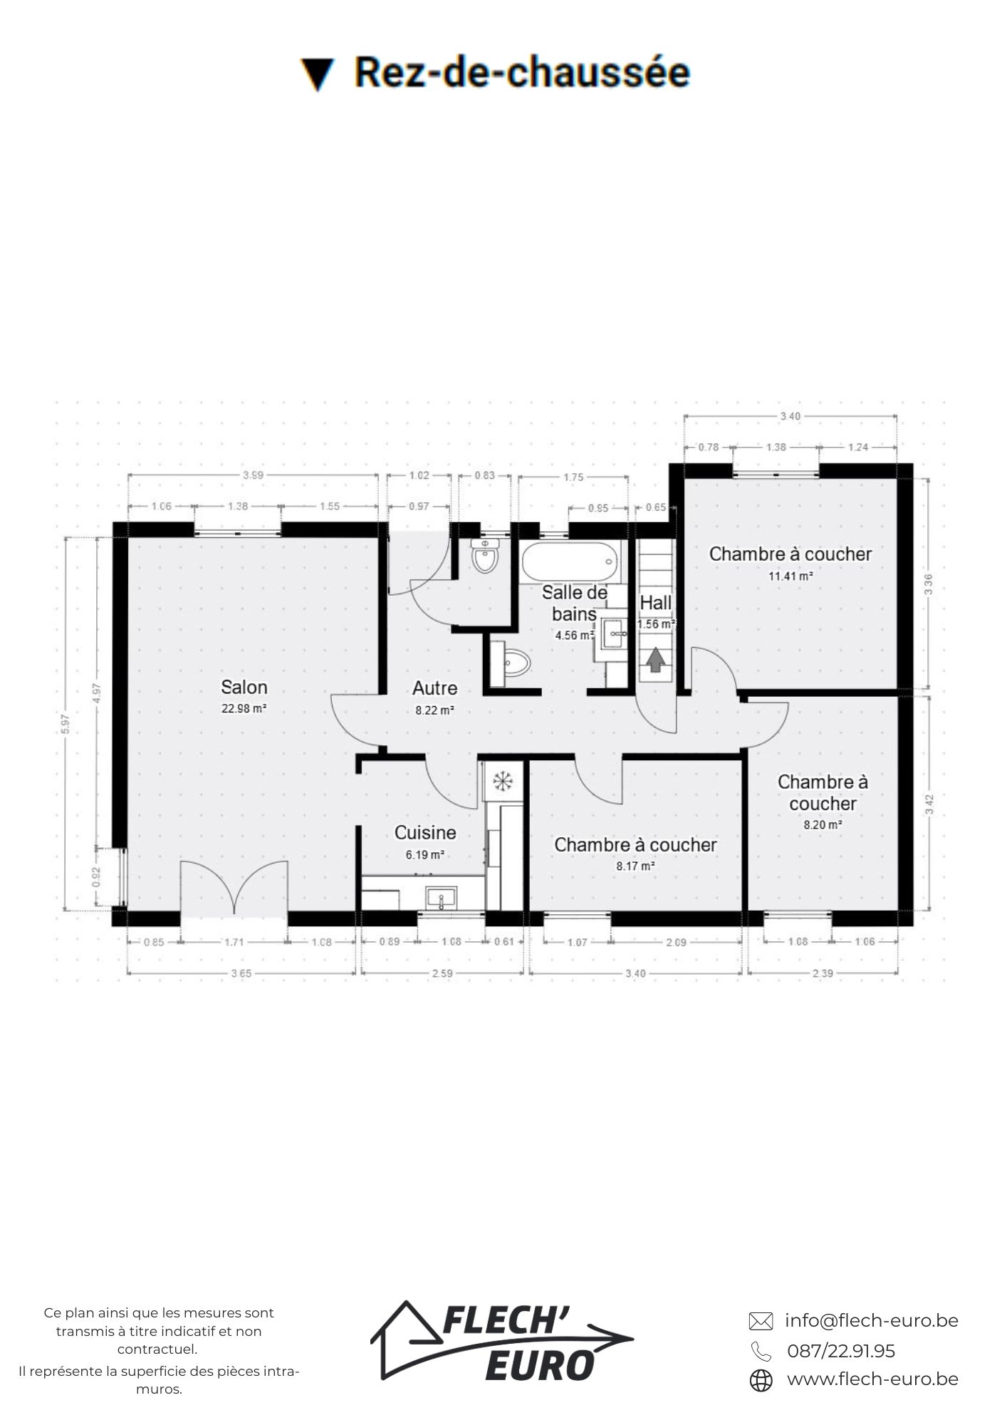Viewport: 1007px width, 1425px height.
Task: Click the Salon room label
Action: [244, 687]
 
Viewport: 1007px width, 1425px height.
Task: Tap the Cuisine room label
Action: [425, 832]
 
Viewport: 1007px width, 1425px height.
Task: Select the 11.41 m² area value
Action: [791, 576]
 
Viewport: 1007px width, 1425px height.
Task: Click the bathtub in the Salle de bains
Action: [570, 563]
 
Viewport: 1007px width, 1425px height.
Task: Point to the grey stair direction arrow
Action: [655, 660]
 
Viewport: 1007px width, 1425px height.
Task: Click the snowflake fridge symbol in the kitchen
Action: [503, 781]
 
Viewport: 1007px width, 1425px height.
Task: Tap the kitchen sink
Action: [442, 898]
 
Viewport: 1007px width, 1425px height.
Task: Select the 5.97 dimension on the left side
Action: [66, 724]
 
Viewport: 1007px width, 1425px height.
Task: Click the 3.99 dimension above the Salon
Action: [253, 475]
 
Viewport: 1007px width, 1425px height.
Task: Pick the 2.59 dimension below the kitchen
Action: [442, 973]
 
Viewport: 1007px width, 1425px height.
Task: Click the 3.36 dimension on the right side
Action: [928, 584]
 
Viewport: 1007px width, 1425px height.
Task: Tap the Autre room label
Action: [434, 688]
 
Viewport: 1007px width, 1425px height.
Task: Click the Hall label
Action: [656, 603]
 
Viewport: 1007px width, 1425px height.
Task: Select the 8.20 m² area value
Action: [823, 824]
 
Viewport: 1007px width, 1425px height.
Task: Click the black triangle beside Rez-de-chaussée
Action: [317, 74]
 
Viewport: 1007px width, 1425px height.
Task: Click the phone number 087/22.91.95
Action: [841, 1351]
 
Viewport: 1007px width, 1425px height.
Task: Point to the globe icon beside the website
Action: [761, 1380]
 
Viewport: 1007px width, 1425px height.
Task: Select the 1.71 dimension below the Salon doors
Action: [234, 942]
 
